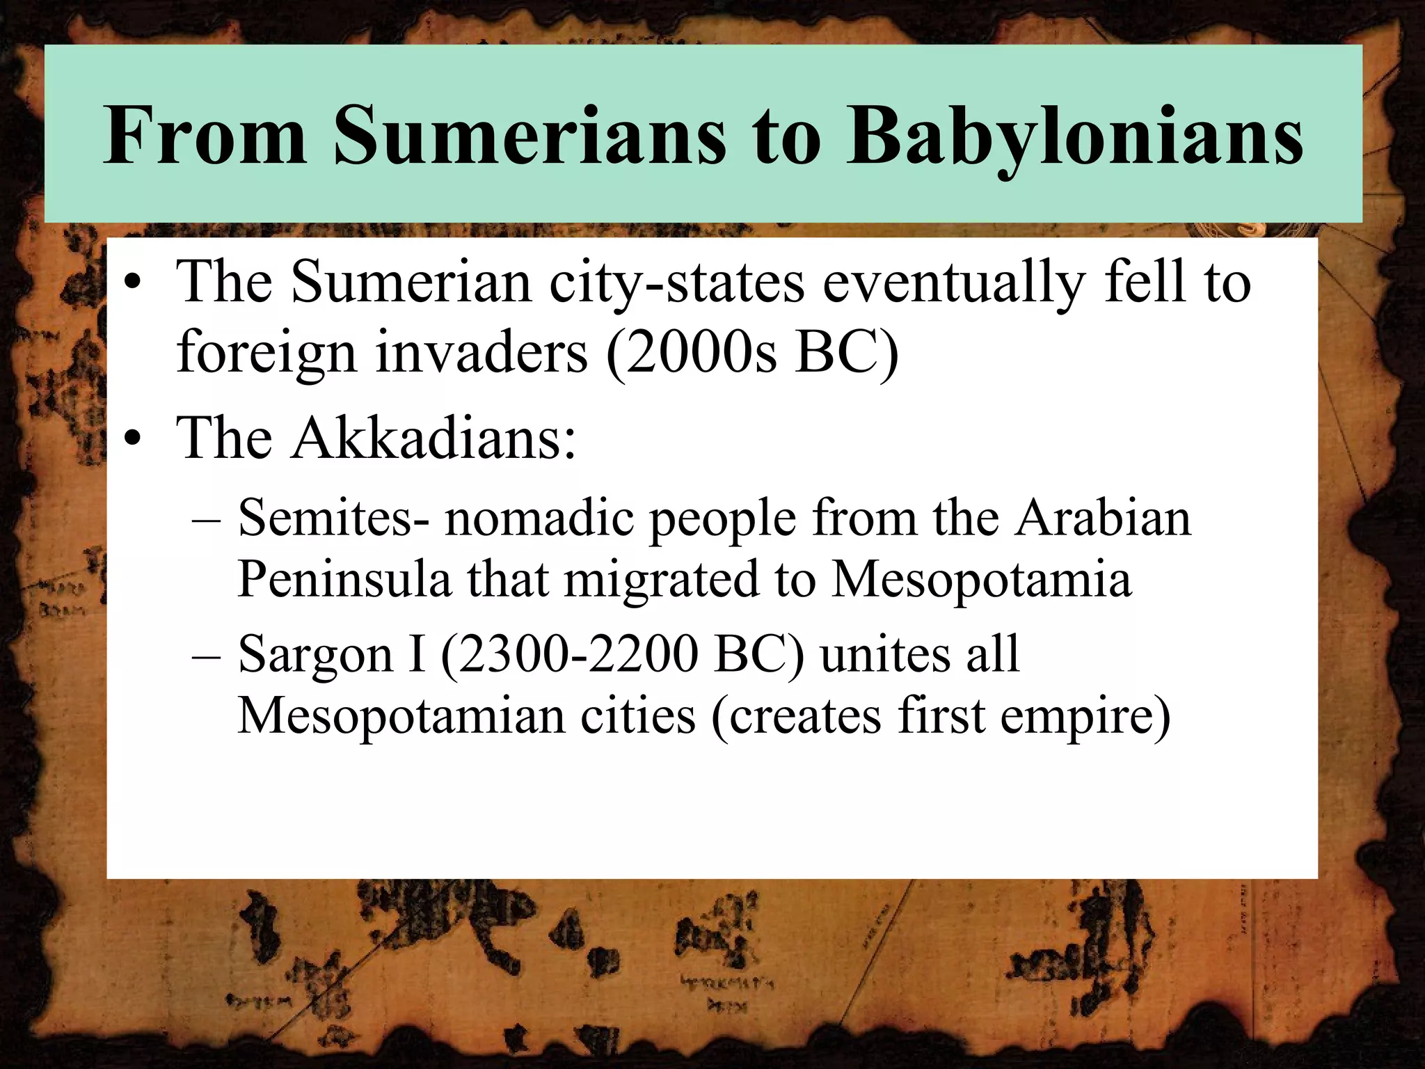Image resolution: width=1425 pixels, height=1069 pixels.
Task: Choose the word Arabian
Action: (1102, 518)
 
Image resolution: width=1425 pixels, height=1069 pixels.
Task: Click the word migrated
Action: (661, 579)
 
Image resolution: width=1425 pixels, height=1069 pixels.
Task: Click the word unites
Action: (879, 654)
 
